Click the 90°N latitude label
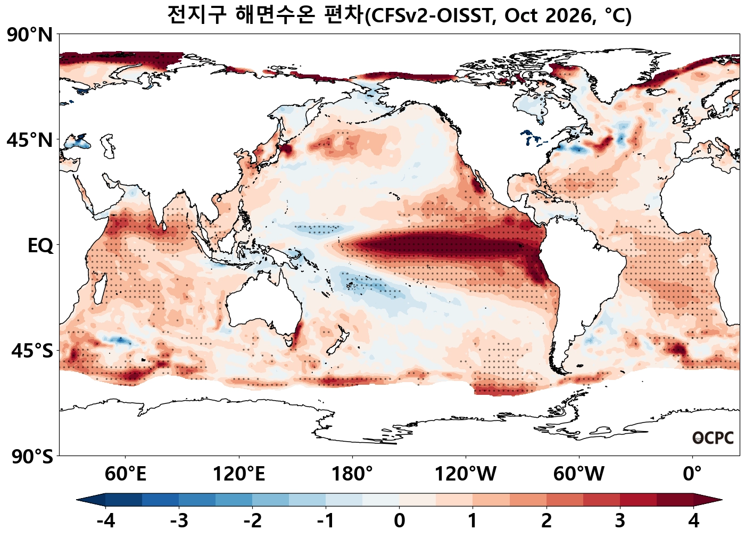[30, 35]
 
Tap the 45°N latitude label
[30, 140]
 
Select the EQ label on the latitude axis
[40, 246]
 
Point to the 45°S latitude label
[32, 351]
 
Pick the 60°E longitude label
[126, 474]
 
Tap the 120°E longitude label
[239, 474]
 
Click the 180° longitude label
[352, 474]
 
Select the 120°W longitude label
[466, 474]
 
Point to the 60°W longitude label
[579, 474]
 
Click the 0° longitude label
[692, 474]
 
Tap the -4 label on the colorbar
[106, 520]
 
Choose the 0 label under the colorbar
[400, 520]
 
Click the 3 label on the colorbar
[620, 520]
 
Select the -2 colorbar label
[252, 520]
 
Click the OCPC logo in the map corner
[713, 438]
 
